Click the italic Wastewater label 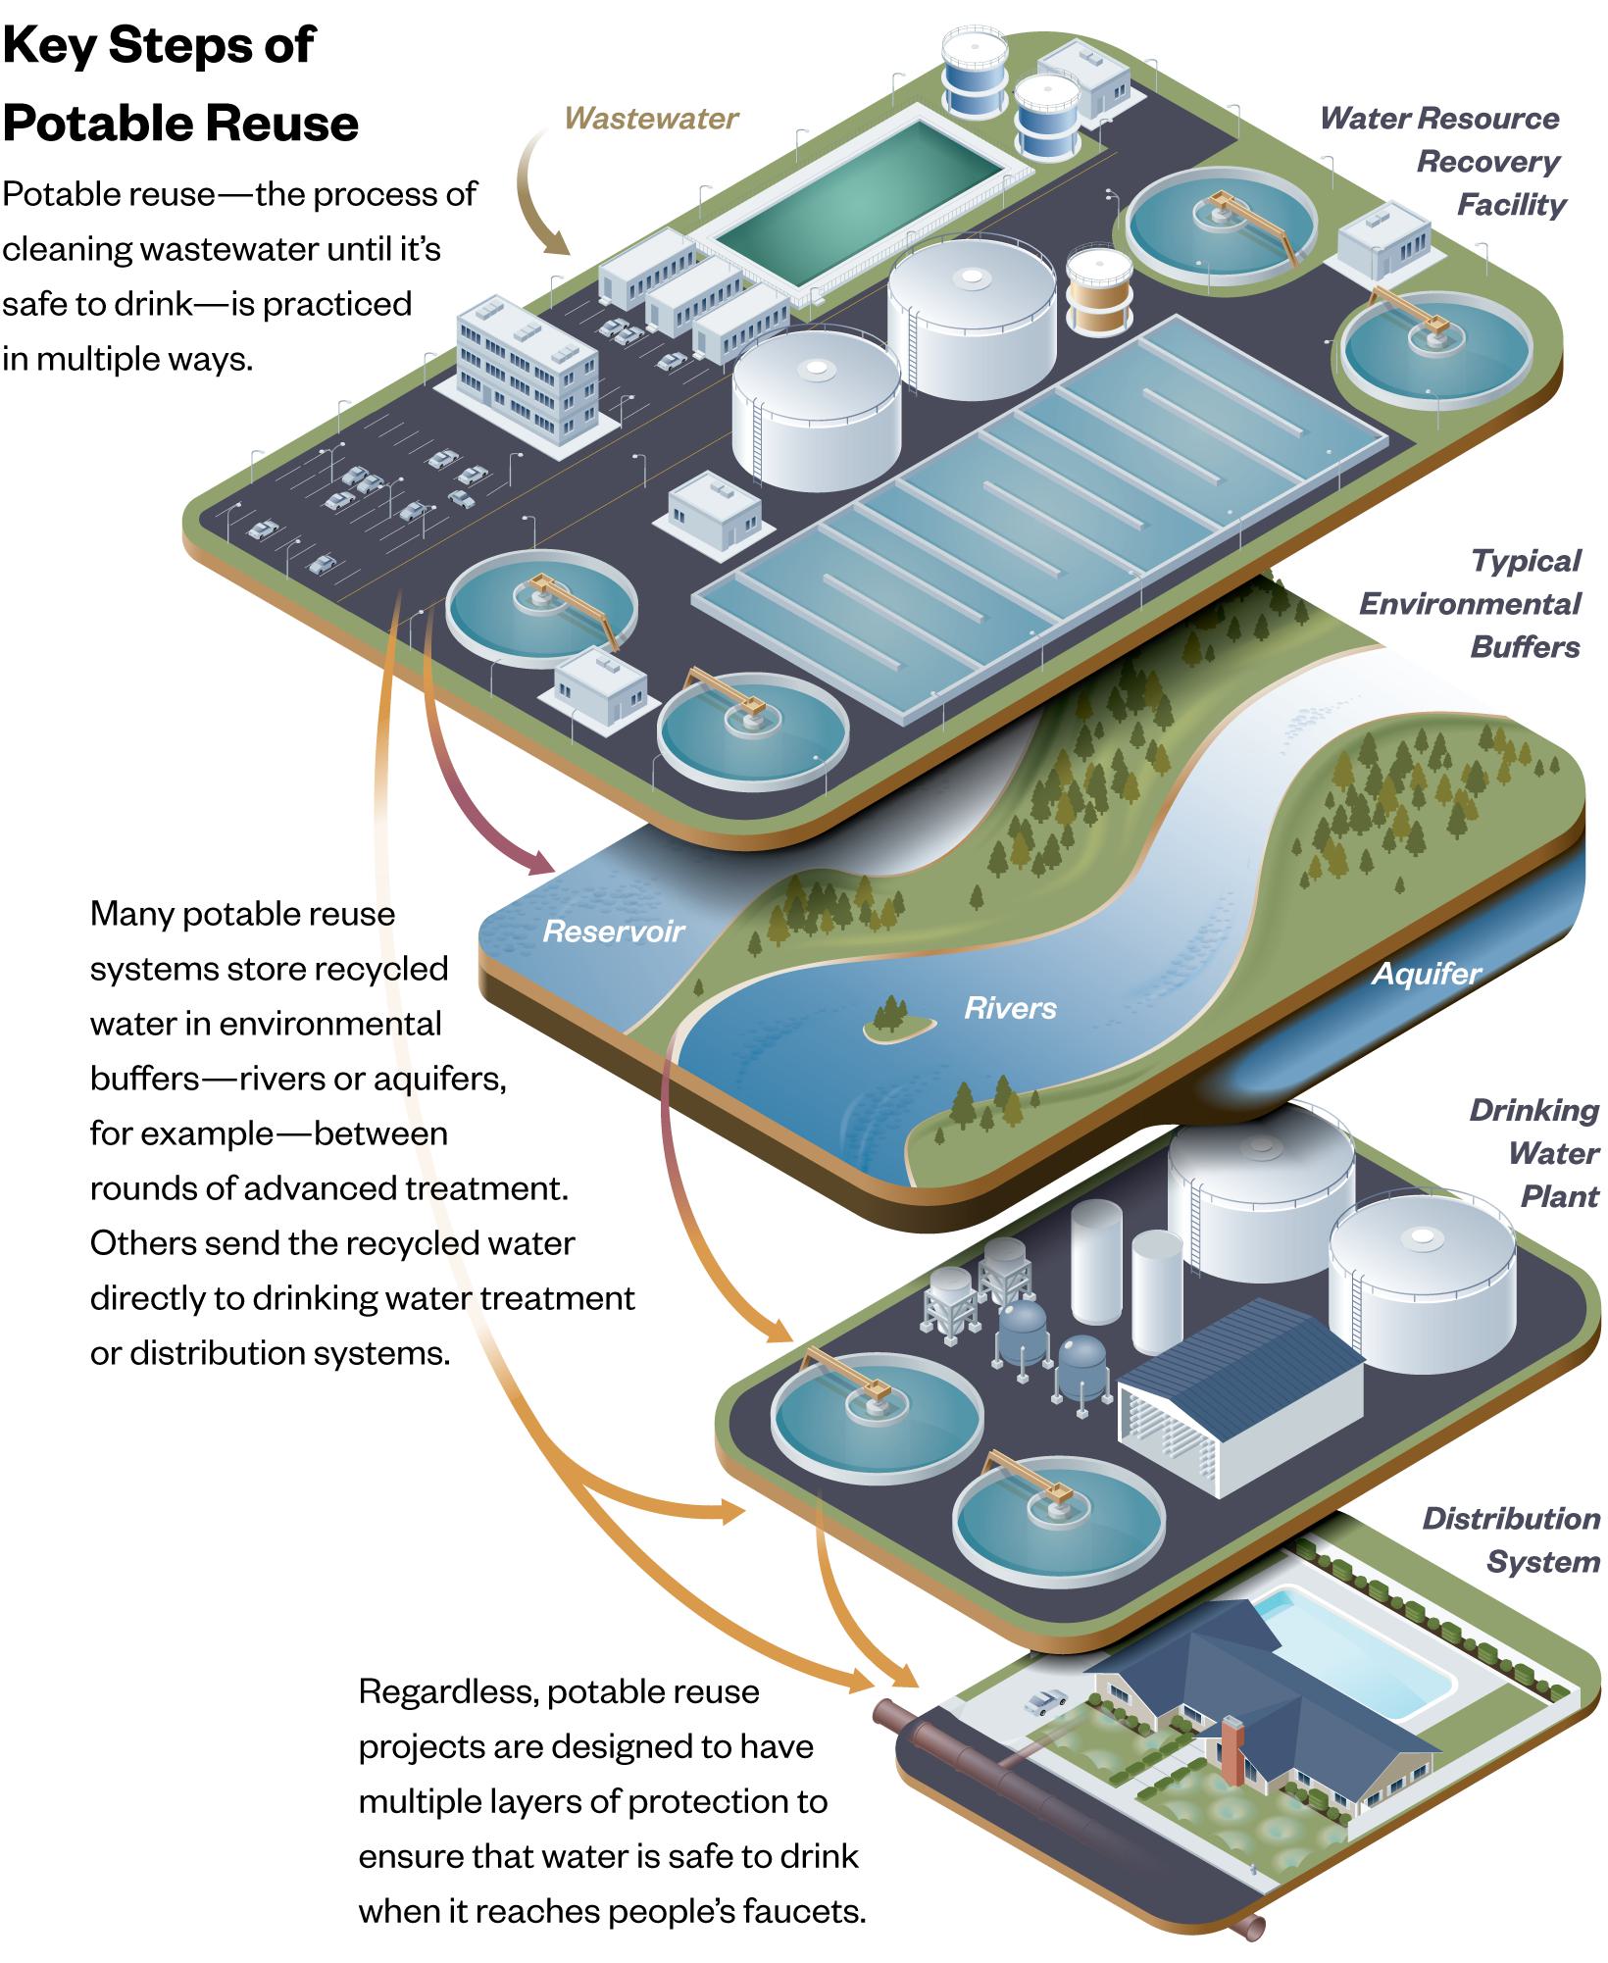tap(651, 119)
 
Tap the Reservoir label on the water tap(614, 931)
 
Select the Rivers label tap(1010, 1008)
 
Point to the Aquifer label tap(1426, 974)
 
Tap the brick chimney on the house tap(1232, 1751)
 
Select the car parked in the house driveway tap(1045, 1699)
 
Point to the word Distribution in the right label tap(1510, 1519)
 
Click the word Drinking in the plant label tap(1533, 1111)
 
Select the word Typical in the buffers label tap(1526, 561)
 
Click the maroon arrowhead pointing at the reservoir tap(541, 865)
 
